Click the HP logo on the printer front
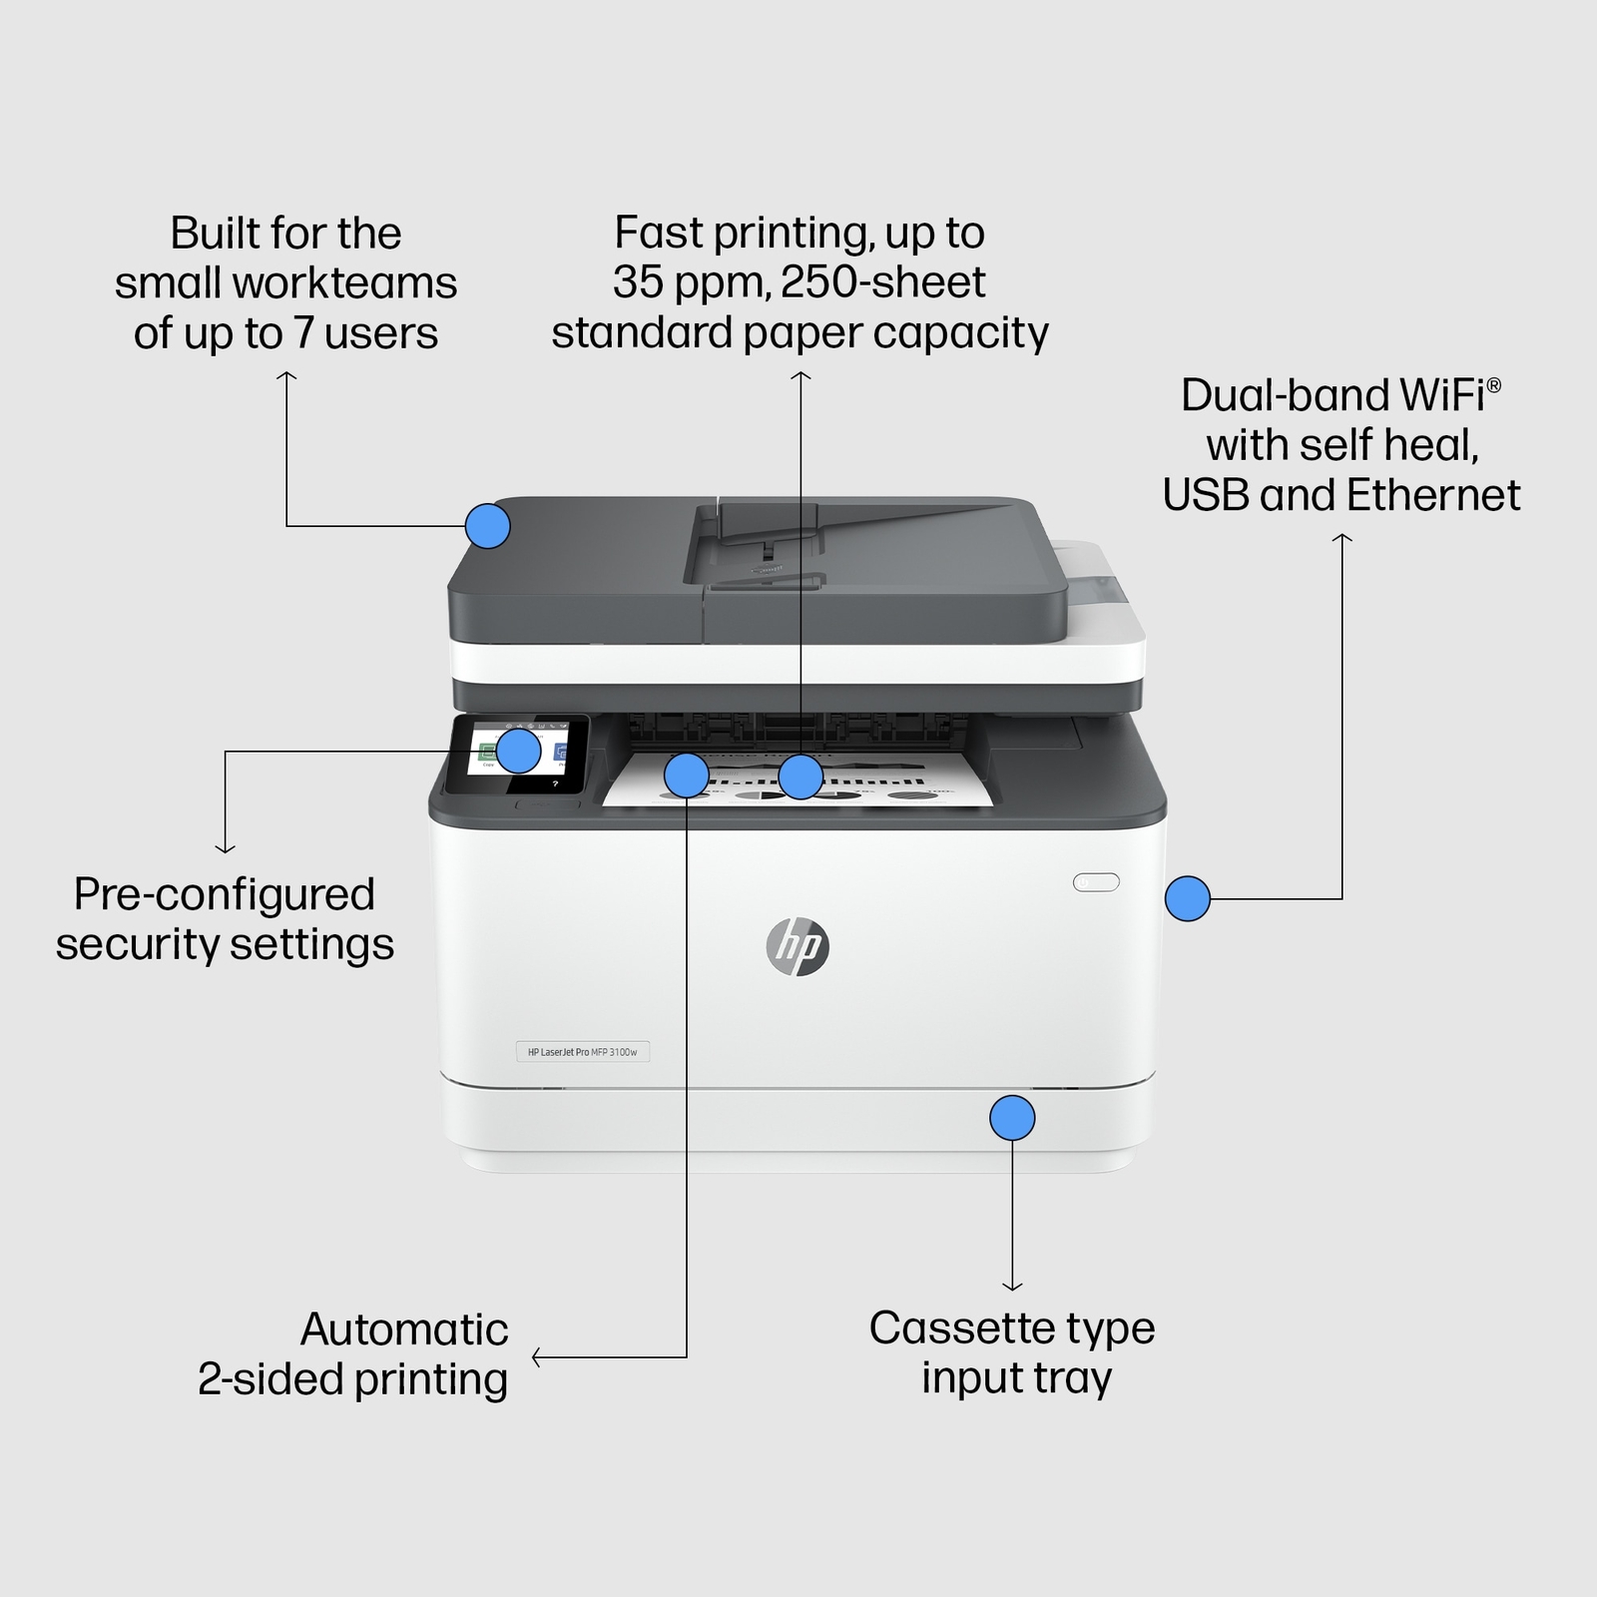click(798, 946)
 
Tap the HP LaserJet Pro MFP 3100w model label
click(582, 1052)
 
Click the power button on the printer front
click(1096, 882)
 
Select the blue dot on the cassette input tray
click(1012, 1118)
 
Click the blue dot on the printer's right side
click(1188, 898)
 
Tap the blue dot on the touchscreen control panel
click(519, 751)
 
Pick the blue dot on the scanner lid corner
click(487, 525)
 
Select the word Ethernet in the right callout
click(1433, 495)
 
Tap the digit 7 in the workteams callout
click(302, 333)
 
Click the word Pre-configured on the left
click(225, 894)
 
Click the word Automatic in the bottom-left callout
click(404, 1330)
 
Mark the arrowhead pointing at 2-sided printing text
click(537, 1357)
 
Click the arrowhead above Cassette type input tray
click(1012, 1287)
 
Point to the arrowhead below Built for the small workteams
click(286, 376)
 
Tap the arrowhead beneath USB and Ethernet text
click(1342, 538)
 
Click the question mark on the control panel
click(555, 785)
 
